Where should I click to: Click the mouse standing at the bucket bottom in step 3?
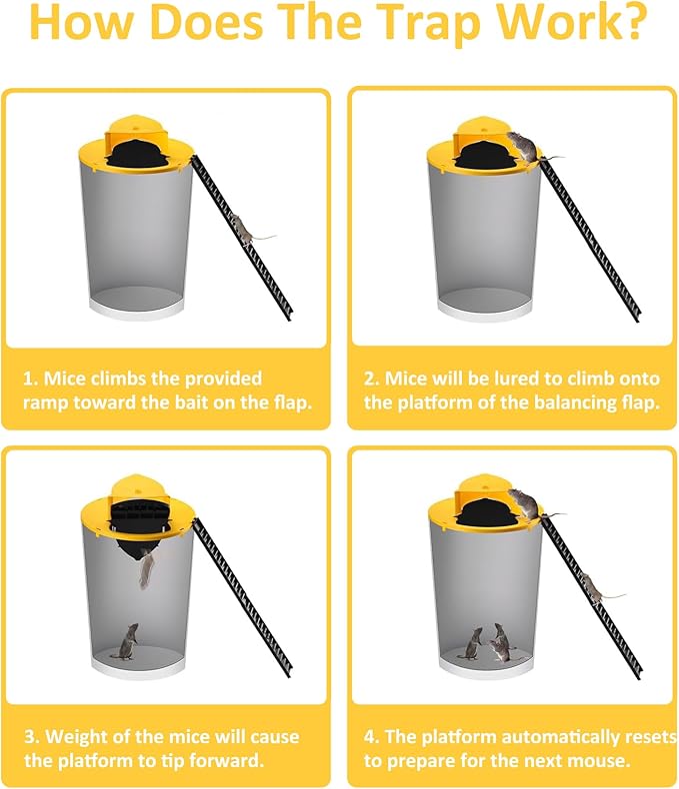click(x=127, y=640)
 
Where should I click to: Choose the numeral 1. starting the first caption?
click(x=32, y=379)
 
